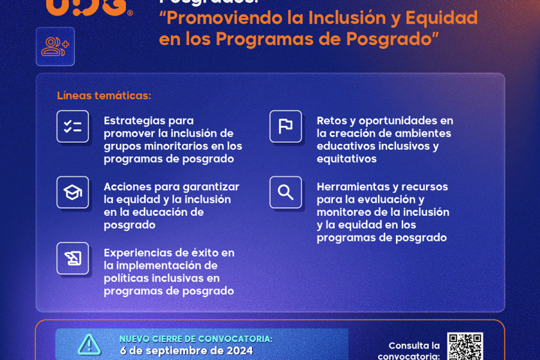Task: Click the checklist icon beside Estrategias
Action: tap(73, 127)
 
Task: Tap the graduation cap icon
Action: tap(73, 192)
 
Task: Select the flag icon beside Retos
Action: tap(285, 127)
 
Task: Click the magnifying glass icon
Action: tap(285, 192)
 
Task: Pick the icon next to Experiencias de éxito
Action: tap(73, 258)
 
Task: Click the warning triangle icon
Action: tap(89, 345)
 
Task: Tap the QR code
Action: tap(465, 346)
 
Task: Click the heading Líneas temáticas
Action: tap(104, 96)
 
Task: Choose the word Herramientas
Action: tap(354, 186)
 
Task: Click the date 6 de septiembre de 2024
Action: tap(186, 351)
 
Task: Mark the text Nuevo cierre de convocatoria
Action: tap(196, 339)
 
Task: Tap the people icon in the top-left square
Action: tap(55, 46)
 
